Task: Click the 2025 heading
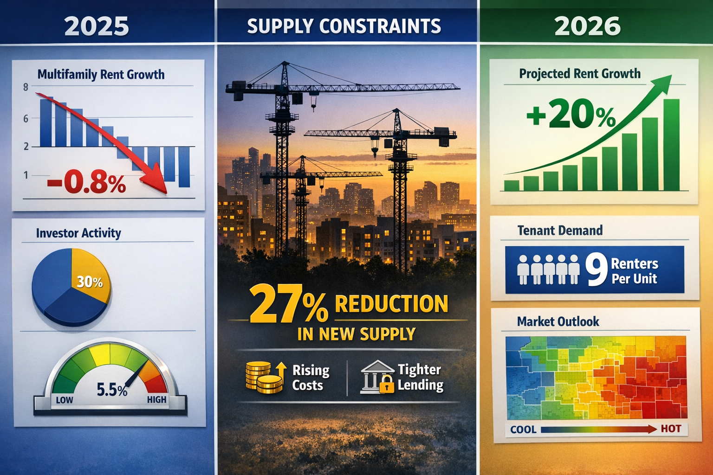tap(97, 26)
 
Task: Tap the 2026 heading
tap(587, 26)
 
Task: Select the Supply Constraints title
tap(344, 26)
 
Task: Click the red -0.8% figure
tap(87, 182)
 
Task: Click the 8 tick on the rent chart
tap(26, 87)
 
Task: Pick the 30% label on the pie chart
tap(90, 282)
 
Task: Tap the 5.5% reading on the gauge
tap(112, 390)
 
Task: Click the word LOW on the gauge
tap(65, 400)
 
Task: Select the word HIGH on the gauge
tap(156, 399)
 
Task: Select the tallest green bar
tap(671, 145)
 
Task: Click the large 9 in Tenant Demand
tap(596, 270)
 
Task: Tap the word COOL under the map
tap(523, 430)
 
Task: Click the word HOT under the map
tap(671, 429)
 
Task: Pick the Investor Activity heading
tap(78, 233)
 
